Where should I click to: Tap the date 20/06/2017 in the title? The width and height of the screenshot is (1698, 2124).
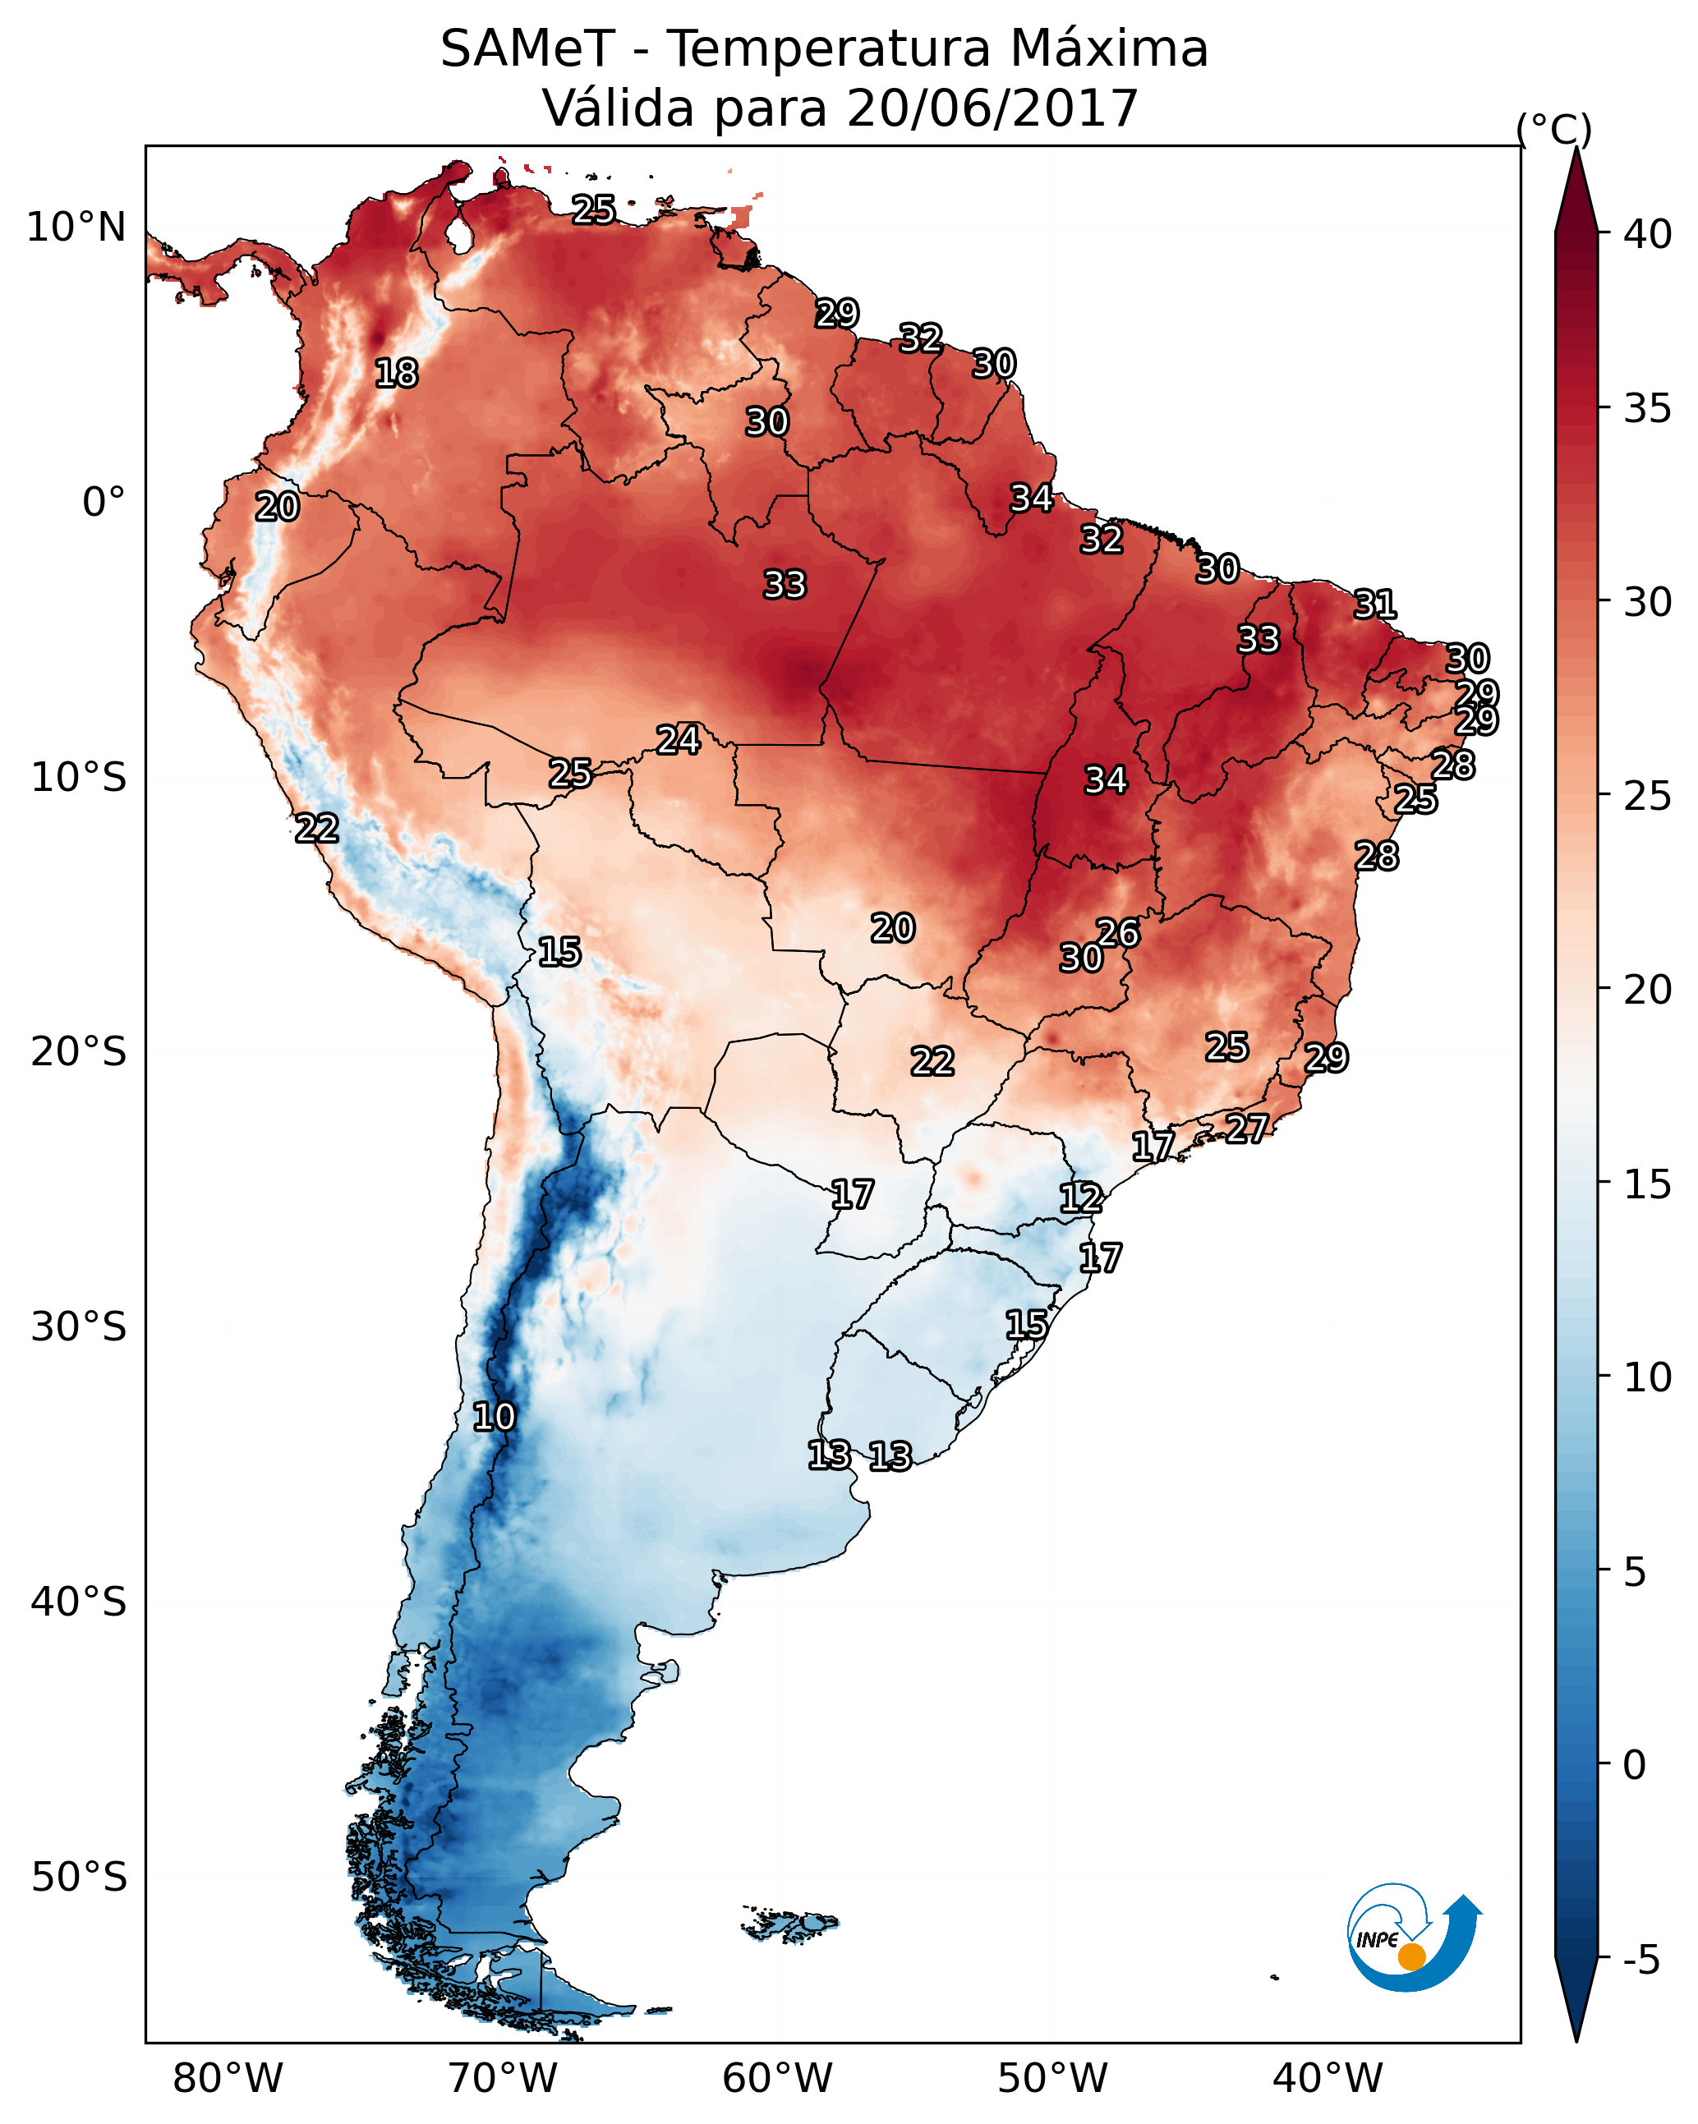[992, 108]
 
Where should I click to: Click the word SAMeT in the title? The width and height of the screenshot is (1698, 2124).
[527, 49]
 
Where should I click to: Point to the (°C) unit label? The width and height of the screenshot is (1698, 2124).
[1553, 129]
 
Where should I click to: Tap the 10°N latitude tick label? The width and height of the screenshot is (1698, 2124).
[76, 228]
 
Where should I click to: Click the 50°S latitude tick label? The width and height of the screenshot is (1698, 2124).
[79, 1877]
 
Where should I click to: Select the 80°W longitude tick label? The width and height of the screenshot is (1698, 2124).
[228, 2078]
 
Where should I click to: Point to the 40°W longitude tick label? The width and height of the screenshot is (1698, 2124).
[1328, 2078]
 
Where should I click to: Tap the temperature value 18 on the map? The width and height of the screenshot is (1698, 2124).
[396, 374]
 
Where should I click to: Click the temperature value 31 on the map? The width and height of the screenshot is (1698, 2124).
[1375, 604]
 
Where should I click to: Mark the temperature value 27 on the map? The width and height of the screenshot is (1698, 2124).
[1247, 1128]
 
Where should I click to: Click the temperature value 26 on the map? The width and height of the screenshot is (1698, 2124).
[1119, 933]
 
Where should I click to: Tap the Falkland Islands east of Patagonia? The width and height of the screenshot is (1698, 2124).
[789, 1922]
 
